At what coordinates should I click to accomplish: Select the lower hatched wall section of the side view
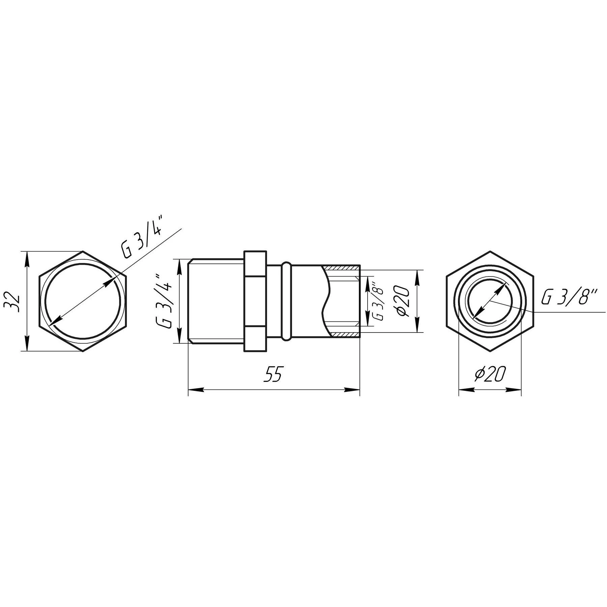point(344,334)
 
